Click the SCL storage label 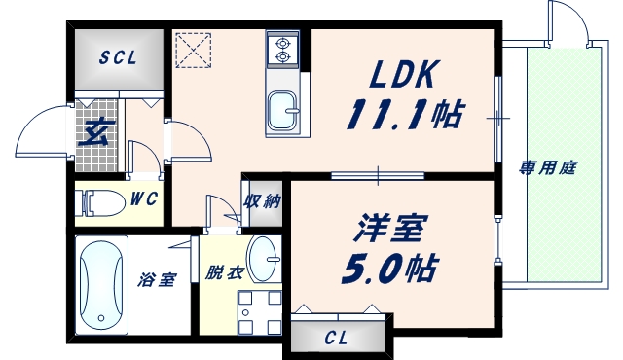click(117, 56)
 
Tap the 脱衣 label click(223, 273)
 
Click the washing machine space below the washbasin click(258, 311)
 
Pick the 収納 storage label click(262, 201)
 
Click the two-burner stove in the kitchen click(284, 49)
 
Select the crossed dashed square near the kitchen click(194, 50)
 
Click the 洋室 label click(386, 230)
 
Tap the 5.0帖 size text click(386, 267)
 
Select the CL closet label click(336, 339)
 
